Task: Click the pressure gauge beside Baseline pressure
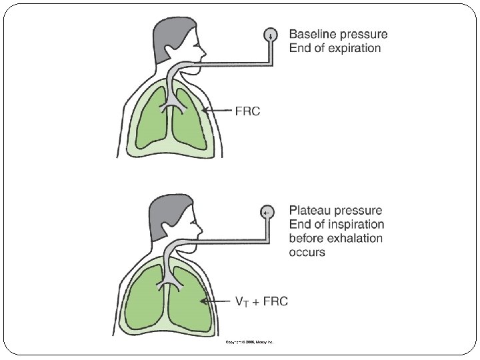(271, 35)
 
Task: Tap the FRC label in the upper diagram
(247, 111)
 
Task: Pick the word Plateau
(308, 211)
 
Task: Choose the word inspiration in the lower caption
(355, 225)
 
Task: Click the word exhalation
(353, 239)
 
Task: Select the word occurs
(307, 253)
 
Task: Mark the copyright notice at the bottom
(246, 342)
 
